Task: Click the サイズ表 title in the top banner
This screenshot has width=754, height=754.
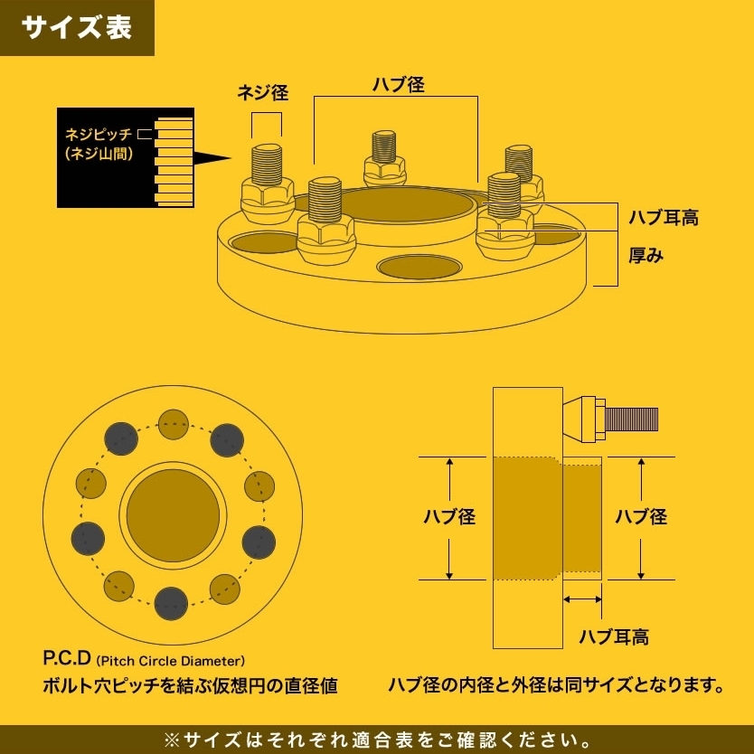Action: [77, 27]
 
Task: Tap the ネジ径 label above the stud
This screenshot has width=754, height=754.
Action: [263, 92]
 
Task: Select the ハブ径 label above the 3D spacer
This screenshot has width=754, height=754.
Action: [399, 85]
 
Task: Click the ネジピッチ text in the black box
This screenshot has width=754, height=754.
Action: [99, 134]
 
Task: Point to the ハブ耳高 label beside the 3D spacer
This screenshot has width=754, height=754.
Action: [664, 217]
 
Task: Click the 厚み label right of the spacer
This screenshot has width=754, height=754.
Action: [646, 255]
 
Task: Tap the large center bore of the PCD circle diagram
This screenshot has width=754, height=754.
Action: [173, 515]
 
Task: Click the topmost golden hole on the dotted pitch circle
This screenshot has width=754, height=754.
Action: [173, 424]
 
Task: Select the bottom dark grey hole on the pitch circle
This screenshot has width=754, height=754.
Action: [171, 604]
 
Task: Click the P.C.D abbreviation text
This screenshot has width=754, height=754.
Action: [67, 658]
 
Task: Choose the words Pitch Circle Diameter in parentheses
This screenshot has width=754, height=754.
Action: [170, 661]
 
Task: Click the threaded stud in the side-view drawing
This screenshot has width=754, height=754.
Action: [631, 419]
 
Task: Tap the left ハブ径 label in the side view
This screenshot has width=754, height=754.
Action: [449, 517]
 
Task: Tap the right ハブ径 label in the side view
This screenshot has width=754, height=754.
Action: [641, 517]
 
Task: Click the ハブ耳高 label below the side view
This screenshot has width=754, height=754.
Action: [614, 637]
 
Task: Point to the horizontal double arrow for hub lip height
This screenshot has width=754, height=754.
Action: [582, 599]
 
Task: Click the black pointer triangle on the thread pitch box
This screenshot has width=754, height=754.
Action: [212, 157]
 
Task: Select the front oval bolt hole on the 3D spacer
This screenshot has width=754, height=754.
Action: [419, 267]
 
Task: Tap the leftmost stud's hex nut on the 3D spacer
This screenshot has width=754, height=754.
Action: [268, 200]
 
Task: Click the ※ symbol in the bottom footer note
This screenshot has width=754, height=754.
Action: [172, 740]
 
